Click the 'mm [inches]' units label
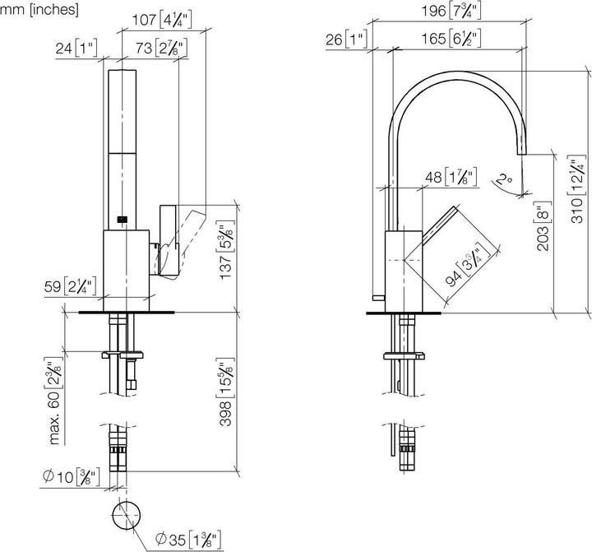pyautogui.click(x=39, y=10)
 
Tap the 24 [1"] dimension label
pyautogui.click(x=76, y=49)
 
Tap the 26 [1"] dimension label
pyautogui.click(x=349, y=39)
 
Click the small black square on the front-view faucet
pyautogui.click(x=123, y=219)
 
